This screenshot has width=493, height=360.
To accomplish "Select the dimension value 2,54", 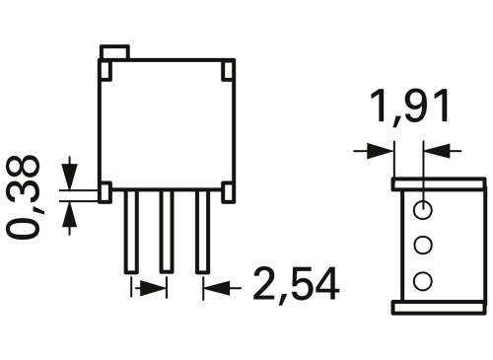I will point(296,285).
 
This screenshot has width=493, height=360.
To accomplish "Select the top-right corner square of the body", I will point(228,69).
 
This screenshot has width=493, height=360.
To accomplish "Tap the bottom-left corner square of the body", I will point(105,192).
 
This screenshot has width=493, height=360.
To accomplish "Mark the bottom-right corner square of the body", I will point(228,192).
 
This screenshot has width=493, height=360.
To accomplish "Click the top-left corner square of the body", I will point(105,69).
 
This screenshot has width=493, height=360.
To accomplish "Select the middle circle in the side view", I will point(423,245).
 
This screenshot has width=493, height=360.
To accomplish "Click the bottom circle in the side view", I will point(423,281).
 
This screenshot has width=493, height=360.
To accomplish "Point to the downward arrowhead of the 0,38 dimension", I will point(69,176).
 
